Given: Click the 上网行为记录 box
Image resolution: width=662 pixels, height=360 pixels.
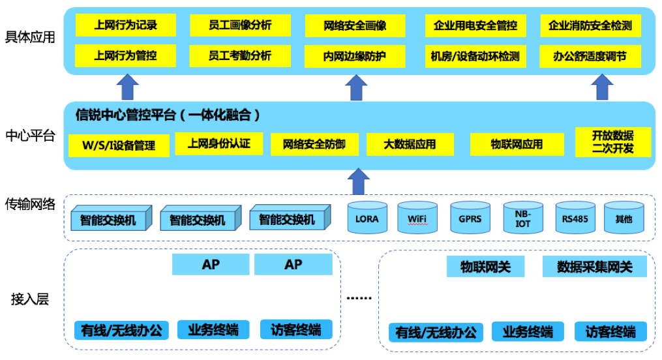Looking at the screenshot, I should point(125,25).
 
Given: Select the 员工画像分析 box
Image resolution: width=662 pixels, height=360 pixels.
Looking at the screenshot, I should point(239,25).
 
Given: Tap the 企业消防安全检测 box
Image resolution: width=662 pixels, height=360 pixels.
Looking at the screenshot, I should point(590,26).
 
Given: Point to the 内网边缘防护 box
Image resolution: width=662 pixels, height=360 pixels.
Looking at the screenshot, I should point(354,56).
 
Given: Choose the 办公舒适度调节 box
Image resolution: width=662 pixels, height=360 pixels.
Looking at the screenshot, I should point(589,56).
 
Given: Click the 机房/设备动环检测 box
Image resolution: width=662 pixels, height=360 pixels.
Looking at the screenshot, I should point(475,56).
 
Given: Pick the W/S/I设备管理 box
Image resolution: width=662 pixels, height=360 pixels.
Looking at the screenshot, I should point(119,145).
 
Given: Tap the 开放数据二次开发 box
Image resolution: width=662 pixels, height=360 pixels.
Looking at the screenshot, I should point(612,142).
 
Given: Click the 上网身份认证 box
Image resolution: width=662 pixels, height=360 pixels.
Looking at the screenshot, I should point(218,143).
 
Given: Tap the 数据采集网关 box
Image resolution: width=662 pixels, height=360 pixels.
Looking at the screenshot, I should point(594,266).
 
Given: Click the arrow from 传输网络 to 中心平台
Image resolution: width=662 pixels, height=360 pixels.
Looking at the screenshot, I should point(357,181).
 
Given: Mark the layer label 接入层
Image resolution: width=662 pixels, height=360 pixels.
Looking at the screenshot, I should point(30,299).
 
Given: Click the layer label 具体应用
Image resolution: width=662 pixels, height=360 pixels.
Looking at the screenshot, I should point(30,37).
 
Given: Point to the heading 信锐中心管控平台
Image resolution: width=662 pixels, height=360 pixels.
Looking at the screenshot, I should point(168,115).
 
